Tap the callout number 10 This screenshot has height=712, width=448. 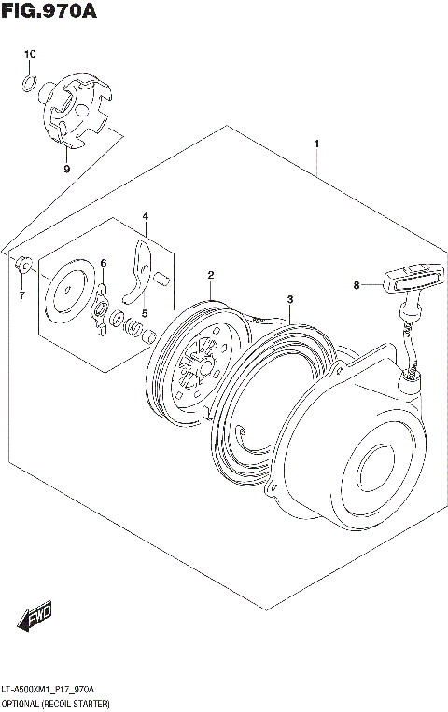[x=29, y=55]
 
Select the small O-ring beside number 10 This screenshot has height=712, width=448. [x=29, y=87]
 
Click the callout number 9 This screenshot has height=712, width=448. [x=66, y=169]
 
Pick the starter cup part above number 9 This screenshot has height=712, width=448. [x=78, y=111]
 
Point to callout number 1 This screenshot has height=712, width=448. [x=317, y=144]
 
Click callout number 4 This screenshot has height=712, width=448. [x=145, y=216]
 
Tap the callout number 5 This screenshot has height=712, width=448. [x=145, y=313]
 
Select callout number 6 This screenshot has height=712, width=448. [x=104, y=264]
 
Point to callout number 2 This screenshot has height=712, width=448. [x=212, y=275]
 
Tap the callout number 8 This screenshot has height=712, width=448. [x=357, y=286]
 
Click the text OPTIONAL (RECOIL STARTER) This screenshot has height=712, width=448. [x=56, y=701]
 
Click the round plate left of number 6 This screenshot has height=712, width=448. [x=70, y=289]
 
